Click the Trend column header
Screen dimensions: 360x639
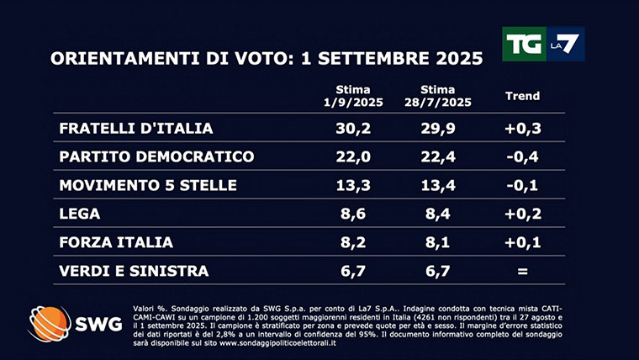click(x=522, y=96)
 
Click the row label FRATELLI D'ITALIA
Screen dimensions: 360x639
click(x=135, y=129)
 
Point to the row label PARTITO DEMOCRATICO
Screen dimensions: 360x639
click(x=156, y=157)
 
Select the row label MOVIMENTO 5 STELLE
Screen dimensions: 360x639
click(x=147, y=186)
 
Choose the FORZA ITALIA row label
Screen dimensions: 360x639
click(x=116, y=242)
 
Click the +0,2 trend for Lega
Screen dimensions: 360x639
click(x=522, y=214)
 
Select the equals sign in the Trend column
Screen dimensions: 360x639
click(x=522, y=271)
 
